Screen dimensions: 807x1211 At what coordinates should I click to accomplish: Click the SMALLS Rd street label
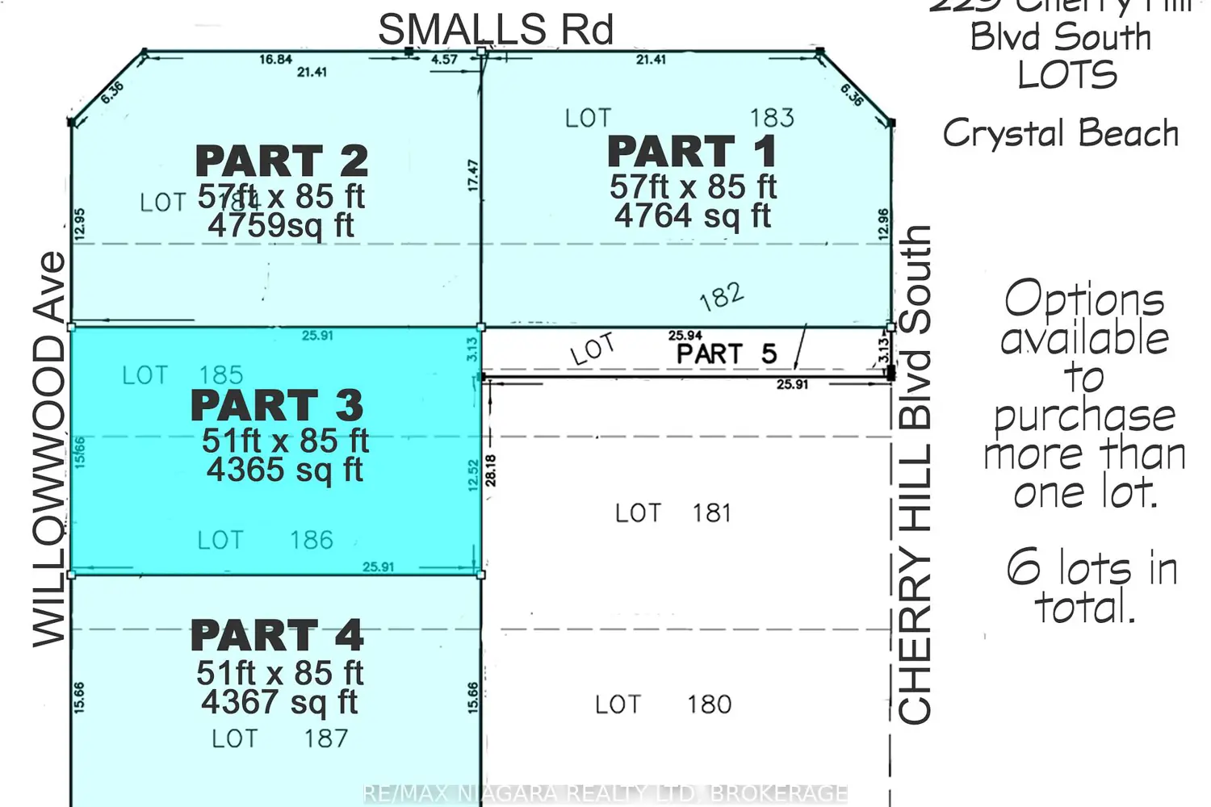point(496,30)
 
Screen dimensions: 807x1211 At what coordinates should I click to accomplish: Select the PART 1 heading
point(692,152)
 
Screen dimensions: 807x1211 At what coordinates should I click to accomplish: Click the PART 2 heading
point(282,161)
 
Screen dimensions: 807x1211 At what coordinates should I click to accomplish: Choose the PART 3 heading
point(277,405)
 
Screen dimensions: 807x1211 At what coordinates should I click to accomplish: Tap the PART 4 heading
point(277,636)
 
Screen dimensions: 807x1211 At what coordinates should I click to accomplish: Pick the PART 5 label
point(726,353)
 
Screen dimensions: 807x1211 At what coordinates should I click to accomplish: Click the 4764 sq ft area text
point(692,215)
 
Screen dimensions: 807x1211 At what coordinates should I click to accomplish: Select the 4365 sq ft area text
point(284,470)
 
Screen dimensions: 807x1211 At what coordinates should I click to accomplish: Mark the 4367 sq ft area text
point(279,702)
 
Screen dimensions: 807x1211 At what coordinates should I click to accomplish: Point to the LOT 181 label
point(673,513)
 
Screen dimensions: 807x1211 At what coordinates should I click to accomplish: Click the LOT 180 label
point(663,705)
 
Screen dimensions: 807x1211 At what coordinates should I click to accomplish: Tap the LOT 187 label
point(279,738)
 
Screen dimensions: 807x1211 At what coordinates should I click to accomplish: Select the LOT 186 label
point(265,540)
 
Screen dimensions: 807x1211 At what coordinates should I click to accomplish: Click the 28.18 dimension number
point(491,470)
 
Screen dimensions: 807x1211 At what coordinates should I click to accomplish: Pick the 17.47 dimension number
point(473,175)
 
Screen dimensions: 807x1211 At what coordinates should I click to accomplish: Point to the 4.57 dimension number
point(444,60)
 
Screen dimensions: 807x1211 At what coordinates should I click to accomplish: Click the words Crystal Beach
point(1060,133)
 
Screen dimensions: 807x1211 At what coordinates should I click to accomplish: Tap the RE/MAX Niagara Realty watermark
point(605,793)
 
